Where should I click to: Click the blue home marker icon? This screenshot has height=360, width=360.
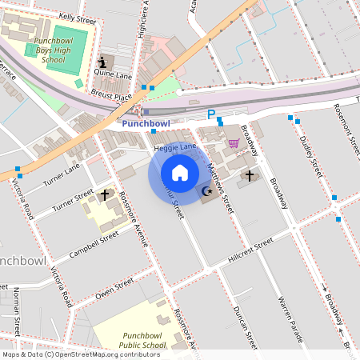point(180,173)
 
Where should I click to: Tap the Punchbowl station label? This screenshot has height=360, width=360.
point(146,124)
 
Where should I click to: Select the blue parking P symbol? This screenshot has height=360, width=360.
point(211,115)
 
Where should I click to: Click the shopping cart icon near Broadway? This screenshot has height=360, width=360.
point(234,143)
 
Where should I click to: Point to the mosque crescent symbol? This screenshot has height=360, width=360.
point(207,190)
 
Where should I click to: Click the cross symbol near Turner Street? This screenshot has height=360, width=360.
point(104,194)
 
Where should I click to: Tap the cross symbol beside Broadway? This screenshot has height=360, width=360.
point(249,175)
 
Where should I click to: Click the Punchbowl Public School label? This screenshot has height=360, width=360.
point(134,340)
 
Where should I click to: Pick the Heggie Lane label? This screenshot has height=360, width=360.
point(174,147)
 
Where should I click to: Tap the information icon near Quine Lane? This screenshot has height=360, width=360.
point(102,62)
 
